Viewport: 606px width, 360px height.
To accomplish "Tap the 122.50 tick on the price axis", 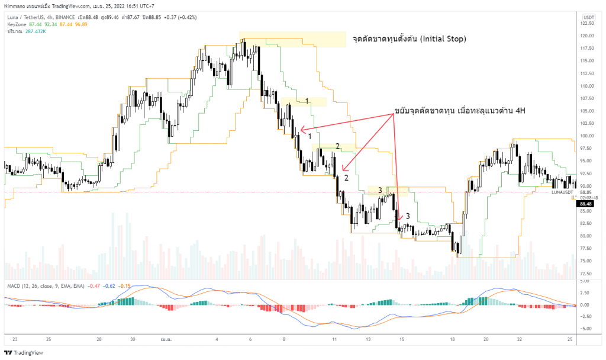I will tap(587, 24).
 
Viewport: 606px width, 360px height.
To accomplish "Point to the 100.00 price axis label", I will tap(587, 136).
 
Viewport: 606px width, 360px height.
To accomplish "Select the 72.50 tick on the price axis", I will tap(586, 274).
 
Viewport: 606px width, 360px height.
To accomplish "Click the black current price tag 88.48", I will tap(586, 203).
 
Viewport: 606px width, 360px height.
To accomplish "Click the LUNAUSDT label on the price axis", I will tap(562, 192).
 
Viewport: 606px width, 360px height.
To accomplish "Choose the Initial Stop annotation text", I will tap(409, 39).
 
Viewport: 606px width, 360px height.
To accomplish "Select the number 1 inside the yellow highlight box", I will tap(307, 101).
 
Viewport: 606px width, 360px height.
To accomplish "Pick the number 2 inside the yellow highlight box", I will tap(337, 146).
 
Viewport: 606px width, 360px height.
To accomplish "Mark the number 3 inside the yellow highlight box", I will tap(381, 190).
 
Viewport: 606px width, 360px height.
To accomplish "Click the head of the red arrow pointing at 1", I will tap(301, 129).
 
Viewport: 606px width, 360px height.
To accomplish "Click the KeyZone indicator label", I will tap(17, 24).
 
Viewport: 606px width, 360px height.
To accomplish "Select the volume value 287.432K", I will tap(35, 31).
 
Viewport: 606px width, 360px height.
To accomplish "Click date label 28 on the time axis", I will tap(99, 339).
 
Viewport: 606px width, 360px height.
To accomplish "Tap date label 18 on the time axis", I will tap(452, 339).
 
